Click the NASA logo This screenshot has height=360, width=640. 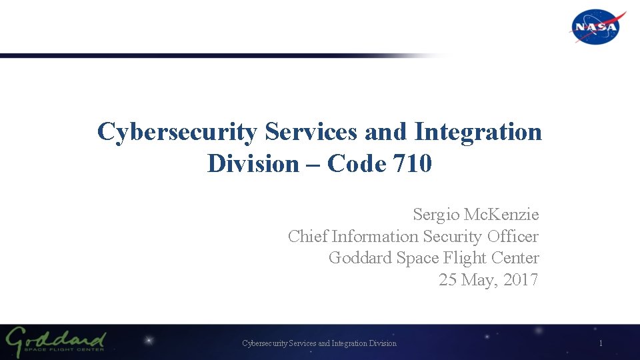click(x=597, y=27)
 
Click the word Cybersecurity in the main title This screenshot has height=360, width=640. click(x=177, y=132)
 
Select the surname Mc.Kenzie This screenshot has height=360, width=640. click(x=501, y=215)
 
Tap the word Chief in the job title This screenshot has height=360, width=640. click(x=307, y=236)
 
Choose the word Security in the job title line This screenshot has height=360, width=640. click(x=452, y=236)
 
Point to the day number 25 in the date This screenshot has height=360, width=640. click(x=447, y=279)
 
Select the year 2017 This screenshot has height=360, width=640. click(x=521, y=279)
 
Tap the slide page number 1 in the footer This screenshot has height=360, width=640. click(x=601, y=343)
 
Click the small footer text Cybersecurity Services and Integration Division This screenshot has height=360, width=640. click(x=319, y=343)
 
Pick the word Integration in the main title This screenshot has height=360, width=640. click(x=478, y=132)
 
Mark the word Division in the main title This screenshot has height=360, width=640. click(x=253, y=163)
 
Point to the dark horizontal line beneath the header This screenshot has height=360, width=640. click(x=200, y=56)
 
